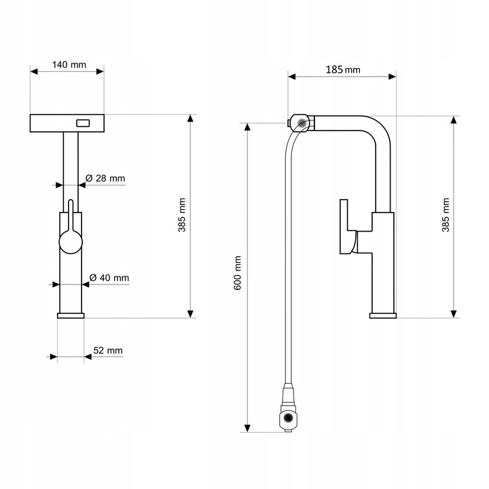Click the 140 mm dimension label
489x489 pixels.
pos(69,65)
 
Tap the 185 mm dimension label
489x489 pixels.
pos(343,69)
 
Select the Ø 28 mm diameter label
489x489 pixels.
pos(105,179)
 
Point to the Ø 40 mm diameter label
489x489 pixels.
pos(109,278)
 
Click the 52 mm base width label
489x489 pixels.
pos(108,350)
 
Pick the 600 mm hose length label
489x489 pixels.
pos(238,273)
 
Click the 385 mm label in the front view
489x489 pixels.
pos(182,215)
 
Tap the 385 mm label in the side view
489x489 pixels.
pos(446,215)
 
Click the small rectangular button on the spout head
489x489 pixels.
pos(83,123)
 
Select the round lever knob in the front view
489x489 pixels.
pos(71,242)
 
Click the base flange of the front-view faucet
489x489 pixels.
pos(71,316)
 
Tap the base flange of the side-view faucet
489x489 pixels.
pos(383,316)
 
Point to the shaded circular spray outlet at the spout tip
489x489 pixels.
pos(302,122)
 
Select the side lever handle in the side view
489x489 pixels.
pos(348,227)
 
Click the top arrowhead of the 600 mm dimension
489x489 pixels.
pos(247,127)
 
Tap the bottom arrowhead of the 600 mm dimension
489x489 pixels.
pos(247,428)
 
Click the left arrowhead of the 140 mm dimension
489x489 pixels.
pos(34,72)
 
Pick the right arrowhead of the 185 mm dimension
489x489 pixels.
pos(392,77)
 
